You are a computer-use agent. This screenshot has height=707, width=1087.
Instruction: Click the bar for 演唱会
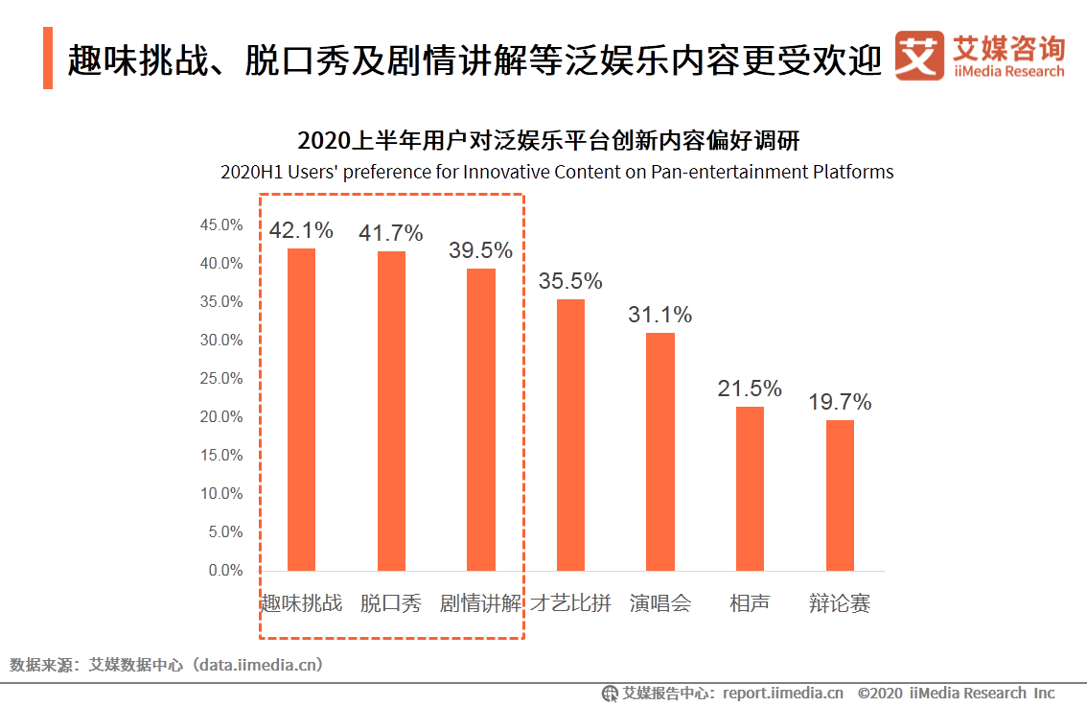(660, 451)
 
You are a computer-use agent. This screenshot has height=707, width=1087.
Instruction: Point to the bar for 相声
(750, 488)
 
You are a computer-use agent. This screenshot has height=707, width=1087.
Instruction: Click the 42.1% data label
(301, 231)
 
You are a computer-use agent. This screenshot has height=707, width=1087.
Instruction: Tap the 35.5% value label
(570, 282)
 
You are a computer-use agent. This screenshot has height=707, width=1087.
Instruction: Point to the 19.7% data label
(840, 403)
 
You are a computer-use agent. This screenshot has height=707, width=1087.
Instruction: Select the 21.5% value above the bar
(750, 389)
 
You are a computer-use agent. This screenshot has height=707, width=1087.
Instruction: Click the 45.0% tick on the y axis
(220, 225)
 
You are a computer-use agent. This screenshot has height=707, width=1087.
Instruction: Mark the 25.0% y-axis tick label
(220, 379)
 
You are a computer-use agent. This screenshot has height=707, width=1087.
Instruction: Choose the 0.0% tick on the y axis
(224, 571)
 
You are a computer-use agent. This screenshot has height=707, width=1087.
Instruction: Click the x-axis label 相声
(750, 603)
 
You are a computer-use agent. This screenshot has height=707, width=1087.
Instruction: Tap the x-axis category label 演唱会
(660, 603)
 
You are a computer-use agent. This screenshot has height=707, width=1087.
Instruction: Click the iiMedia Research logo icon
(918, 57)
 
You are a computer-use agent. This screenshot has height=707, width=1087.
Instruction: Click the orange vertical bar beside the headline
(48, 59)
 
